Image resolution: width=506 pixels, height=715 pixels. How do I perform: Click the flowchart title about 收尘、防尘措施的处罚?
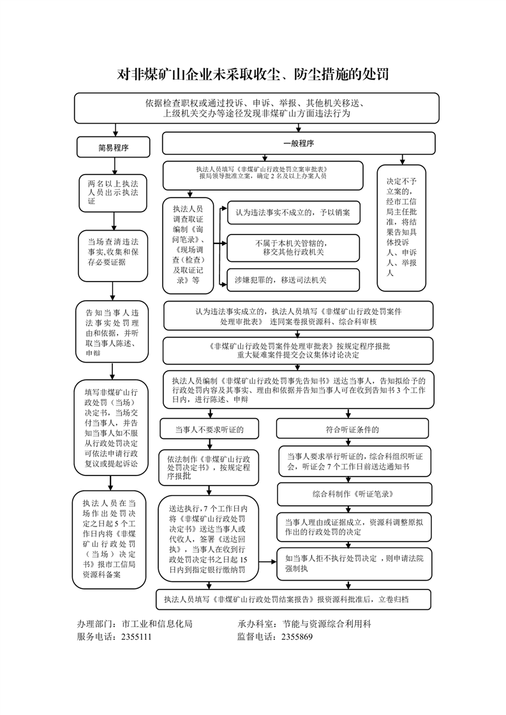point(253,75)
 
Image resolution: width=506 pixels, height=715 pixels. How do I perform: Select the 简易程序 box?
point(113,147)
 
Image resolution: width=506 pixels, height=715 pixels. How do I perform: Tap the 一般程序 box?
point(298,143)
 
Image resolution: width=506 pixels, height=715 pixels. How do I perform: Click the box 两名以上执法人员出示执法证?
point(113,192)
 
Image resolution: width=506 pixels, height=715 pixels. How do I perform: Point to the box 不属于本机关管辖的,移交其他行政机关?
point(293,247)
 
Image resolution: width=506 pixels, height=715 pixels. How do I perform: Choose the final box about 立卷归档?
point(294,599)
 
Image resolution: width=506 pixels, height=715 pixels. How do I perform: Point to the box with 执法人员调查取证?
point(187,245)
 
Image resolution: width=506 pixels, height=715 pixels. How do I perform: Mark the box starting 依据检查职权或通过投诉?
point(257,108)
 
